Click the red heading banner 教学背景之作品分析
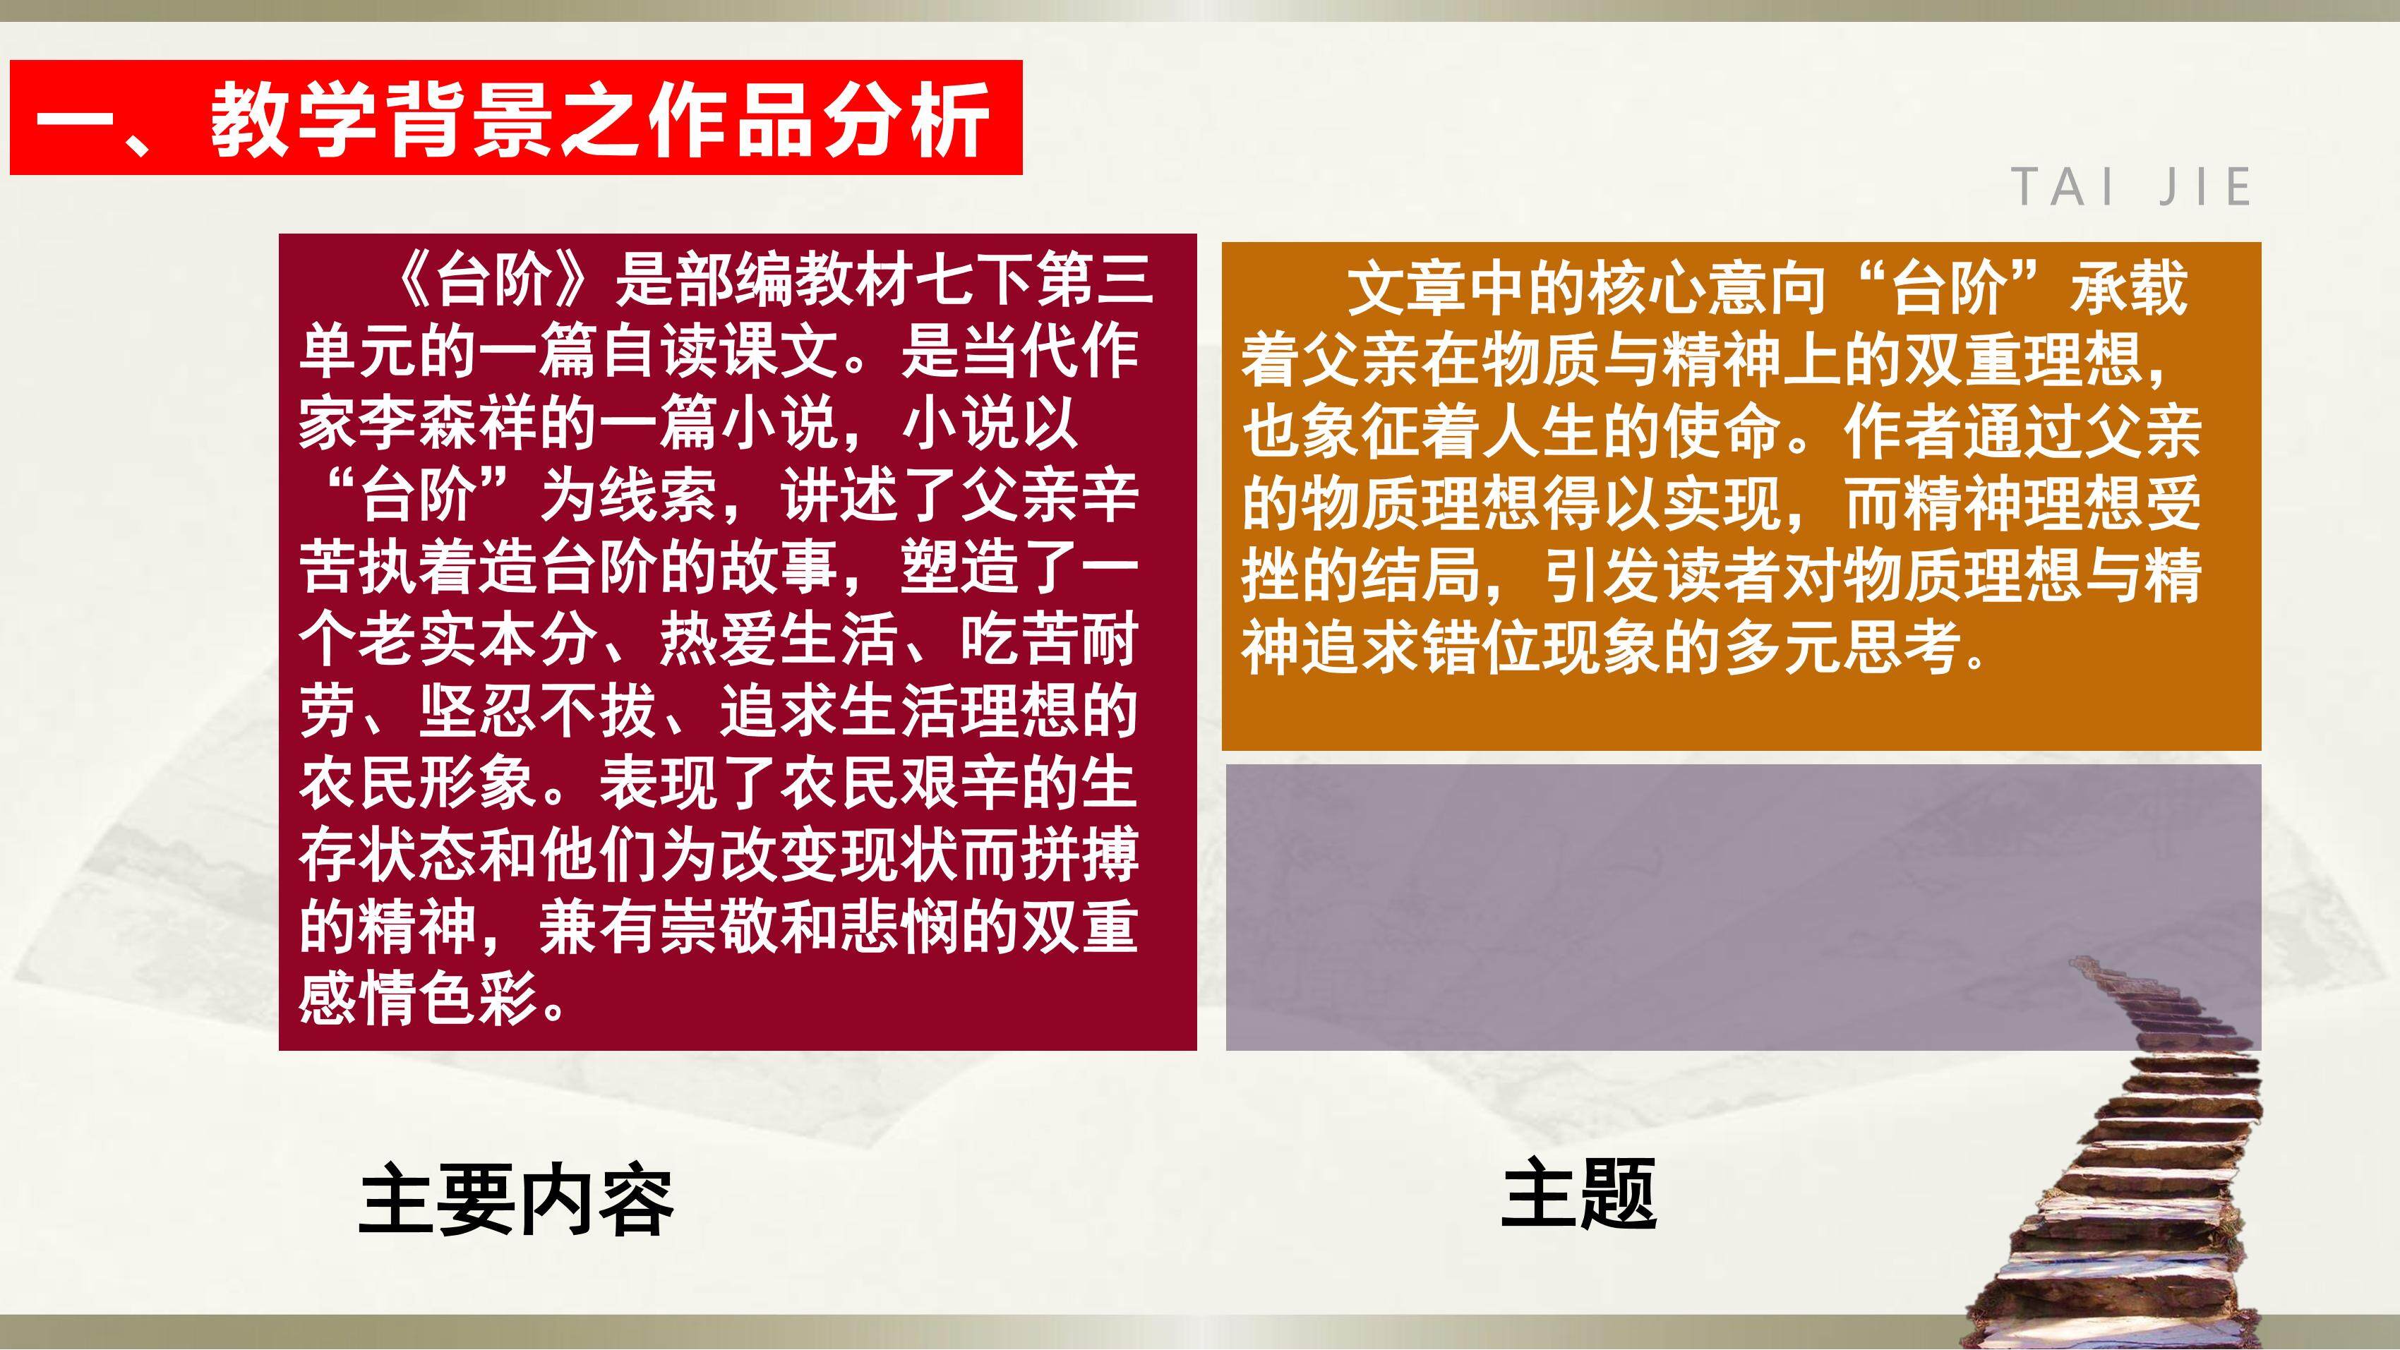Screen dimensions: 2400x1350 coord(515,117)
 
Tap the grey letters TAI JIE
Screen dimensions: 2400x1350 coord(2132,187)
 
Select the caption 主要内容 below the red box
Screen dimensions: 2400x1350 coord(515,1201)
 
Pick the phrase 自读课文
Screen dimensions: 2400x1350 coord(719,352)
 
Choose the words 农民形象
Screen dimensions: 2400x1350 coord(419,782)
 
